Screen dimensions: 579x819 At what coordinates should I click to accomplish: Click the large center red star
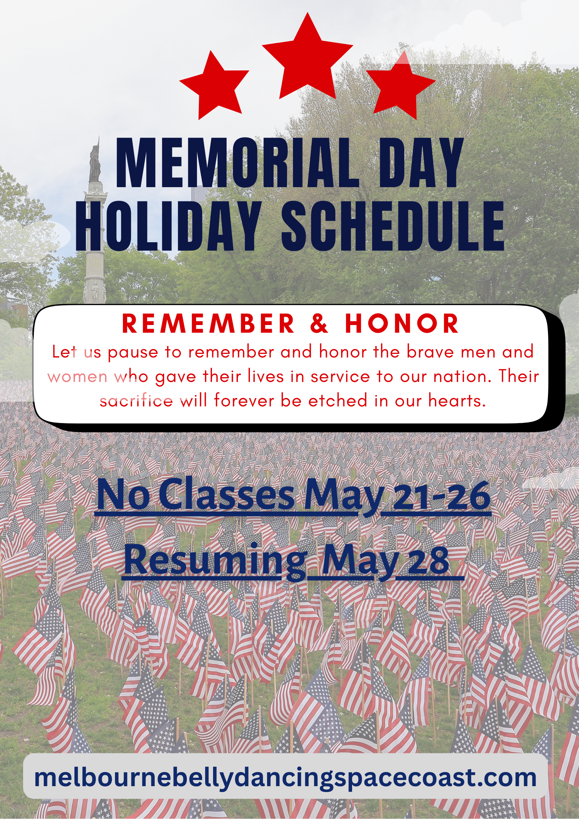click(x=307, y=58)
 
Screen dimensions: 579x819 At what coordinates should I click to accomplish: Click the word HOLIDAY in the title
click(x=168, y=226)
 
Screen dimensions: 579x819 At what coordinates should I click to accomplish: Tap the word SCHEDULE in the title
click(x=393, y=226)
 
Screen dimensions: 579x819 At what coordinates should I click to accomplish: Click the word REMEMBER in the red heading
click(x=208, y=324)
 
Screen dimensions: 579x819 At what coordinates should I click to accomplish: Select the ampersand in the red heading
click(x=320, y=324)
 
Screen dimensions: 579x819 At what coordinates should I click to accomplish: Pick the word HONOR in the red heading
click(x=402, y=324)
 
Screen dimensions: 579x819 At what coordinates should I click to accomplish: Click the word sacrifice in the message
click(x=136, y=401)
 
